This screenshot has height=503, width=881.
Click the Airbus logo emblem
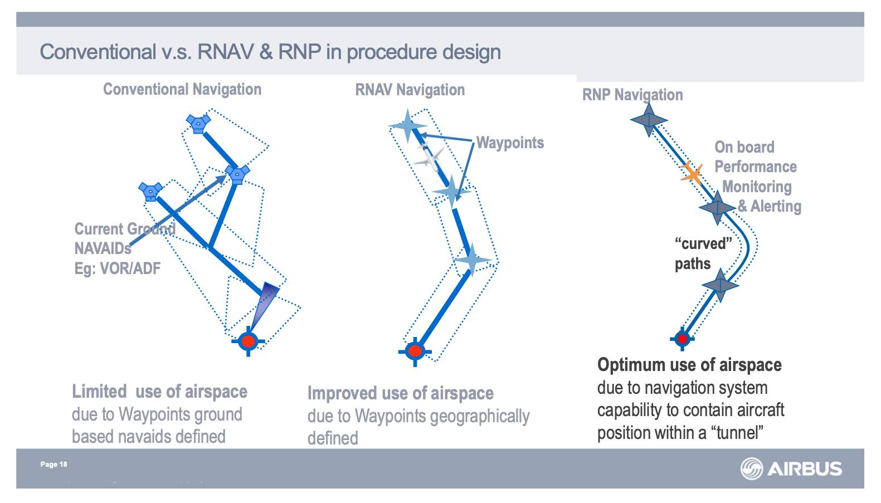pos(751,468)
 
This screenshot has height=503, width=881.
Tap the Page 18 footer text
pos(53,465)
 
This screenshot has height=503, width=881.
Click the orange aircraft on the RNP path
pos(692,173)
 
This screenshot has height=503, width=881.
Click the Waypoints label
pos(510,143)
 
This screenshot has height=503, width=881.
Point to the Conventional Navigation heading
pos(182,89)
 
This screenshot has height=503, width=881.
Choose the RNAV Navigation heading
pos(410,90)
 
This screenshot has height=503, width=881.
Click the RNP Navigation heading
pos(632,95)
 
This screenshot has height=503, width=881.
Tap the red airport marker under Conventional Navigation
pos(248,340)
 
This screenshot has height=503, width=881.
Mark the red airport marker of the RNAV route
pos(415,351)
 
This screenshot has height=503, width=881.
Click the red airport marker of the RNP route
pos(682,338)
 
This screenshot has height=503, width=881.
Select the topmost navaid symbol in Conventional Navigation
pos(198,123)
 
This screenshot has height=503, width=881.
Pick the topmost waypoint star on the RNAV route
pos(408,126)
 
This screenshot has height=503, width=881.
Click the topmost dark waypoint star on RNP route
pos(649,120)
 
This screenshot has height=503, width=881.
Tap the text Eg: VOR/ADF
pos(117,268)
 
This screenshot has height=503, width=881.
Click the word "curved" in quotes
pos(703,244)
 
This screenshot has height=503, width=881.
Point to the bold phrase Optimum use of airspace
pos(689,365)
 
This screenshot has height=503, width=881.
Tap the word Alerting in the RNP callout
pos(776,206)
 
